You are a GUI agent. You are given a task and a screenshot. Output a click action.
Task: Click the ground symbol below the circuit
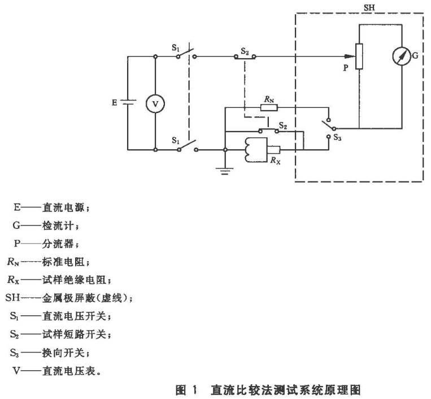point(225,170)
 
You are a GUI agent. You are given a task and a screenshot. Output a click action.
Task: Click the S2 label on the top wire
point(245,49)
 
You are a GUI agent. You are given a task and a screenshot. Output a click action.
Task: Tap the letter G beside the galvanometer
point(416,57)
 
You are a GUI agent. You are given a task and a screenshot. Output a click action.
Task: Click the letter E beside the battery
point(114,103)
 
